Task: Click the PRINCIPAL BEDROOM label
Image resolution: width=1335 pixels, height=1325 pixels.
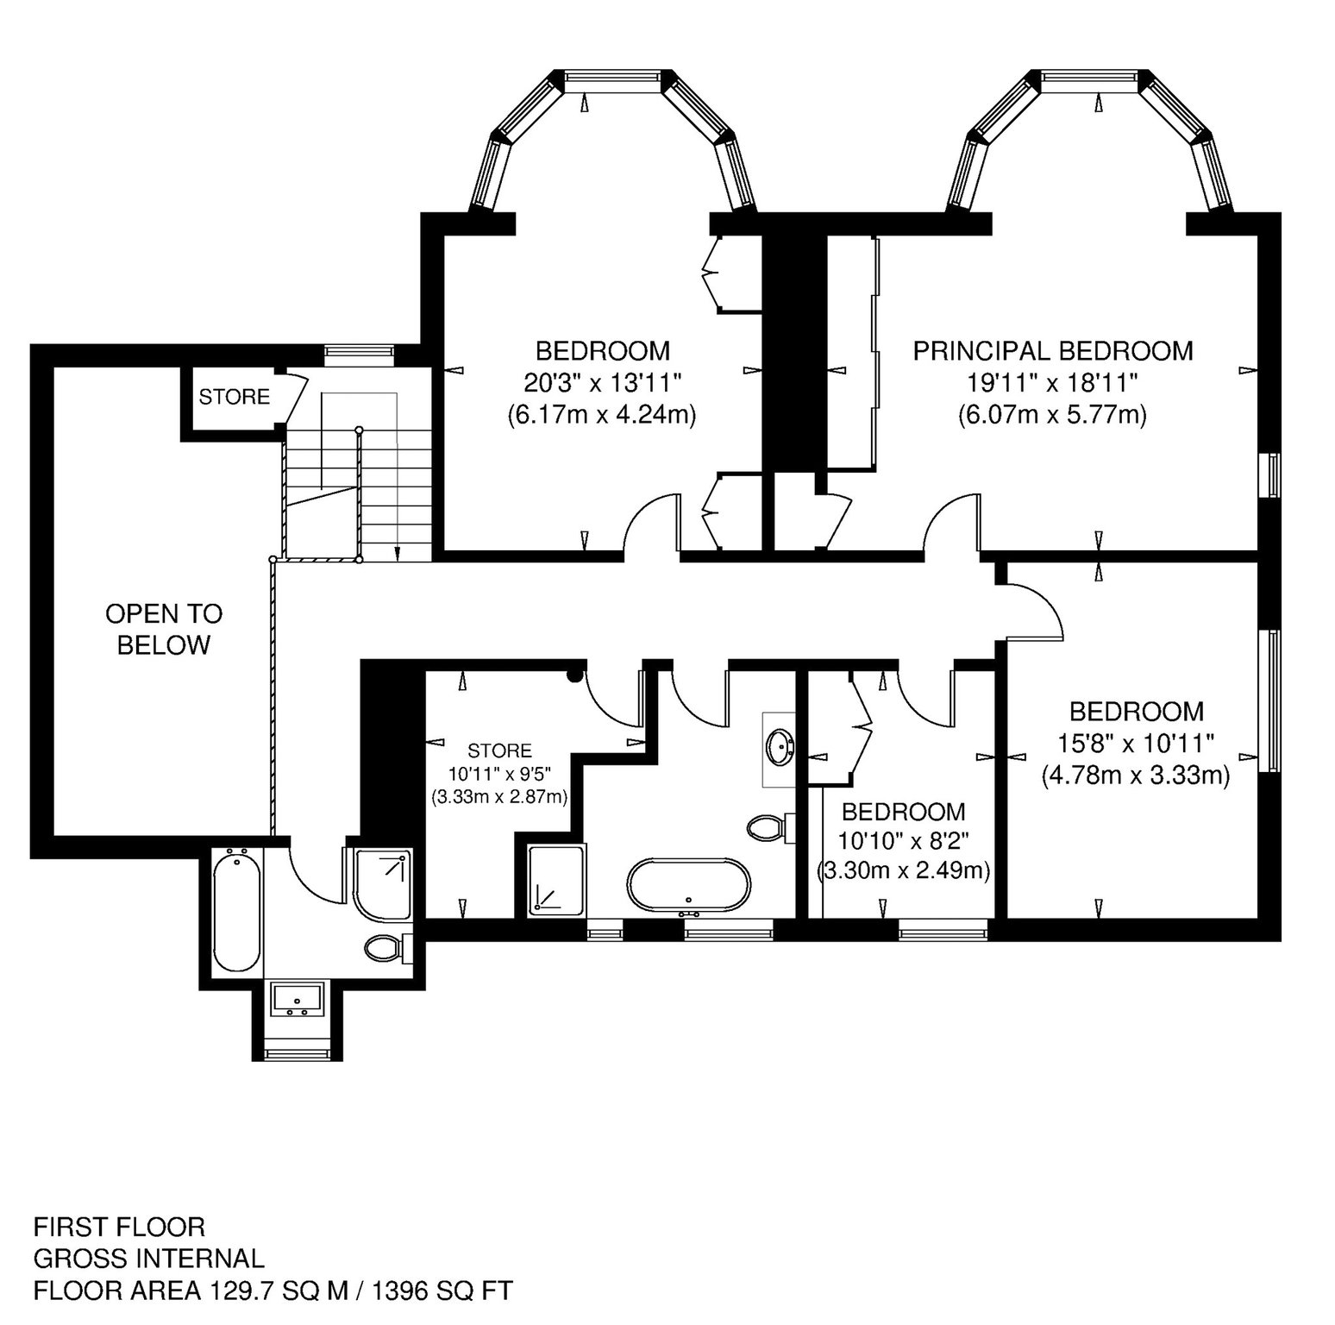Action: [1053, 351]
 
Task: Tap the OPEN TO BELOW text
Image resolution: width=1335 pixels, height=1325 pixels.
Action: [164, 629]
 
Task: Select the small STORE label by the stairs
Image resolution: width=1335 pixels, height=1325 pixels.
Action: [234, 397]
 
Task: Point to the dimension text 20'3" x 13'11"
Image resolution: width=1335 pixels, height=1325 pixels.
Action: [602, 382]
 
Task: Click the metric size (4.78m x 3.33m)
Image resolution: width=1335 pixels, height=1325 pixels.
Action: [1135, 776]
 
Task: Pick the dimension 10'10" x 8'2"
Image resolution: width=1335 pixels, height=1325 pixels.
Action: [903, 841]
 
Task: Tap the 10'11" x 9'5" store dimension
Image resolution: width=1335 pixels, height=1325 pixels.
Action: [500, 774]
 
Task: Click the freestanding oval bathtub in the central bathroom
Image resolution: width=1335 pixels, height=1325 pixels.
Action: [689, 886]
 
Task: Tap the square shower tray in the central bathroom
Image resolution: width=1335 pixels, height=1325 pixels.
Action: [557, 879]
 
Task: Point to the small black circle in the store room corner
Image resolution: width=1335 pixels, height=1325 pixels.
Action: [573, 676]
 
